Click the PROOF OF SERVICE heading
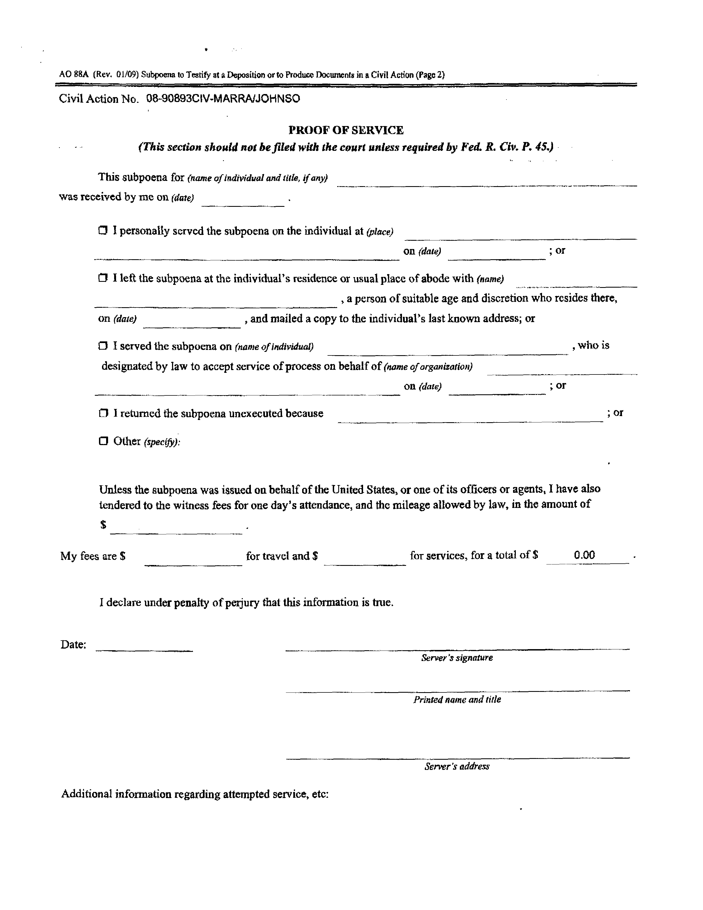[x=346, y=130]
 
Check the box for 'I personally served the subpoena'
[x=103, y=231]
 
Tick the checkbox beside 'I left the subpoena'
[x=103, y=278]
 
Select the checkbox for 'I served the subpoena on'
[x=103, y=346]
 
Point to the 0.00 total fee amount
[x=584, y=555]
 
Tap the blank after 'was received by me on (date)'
[x=243, y=201]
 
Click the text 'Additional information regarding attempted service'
[x=195, y=794]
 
